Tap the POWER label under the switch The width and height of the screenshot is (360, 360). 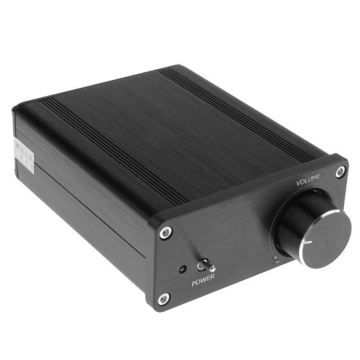203,283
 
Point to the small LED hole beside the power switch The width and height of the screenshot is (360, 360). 182,269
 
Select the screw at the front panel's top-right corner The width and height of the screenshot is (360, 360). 341,171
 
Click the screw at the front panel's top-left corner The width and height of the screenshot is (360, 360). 165,232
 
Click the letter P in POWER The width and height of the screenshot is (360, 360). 194,284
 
